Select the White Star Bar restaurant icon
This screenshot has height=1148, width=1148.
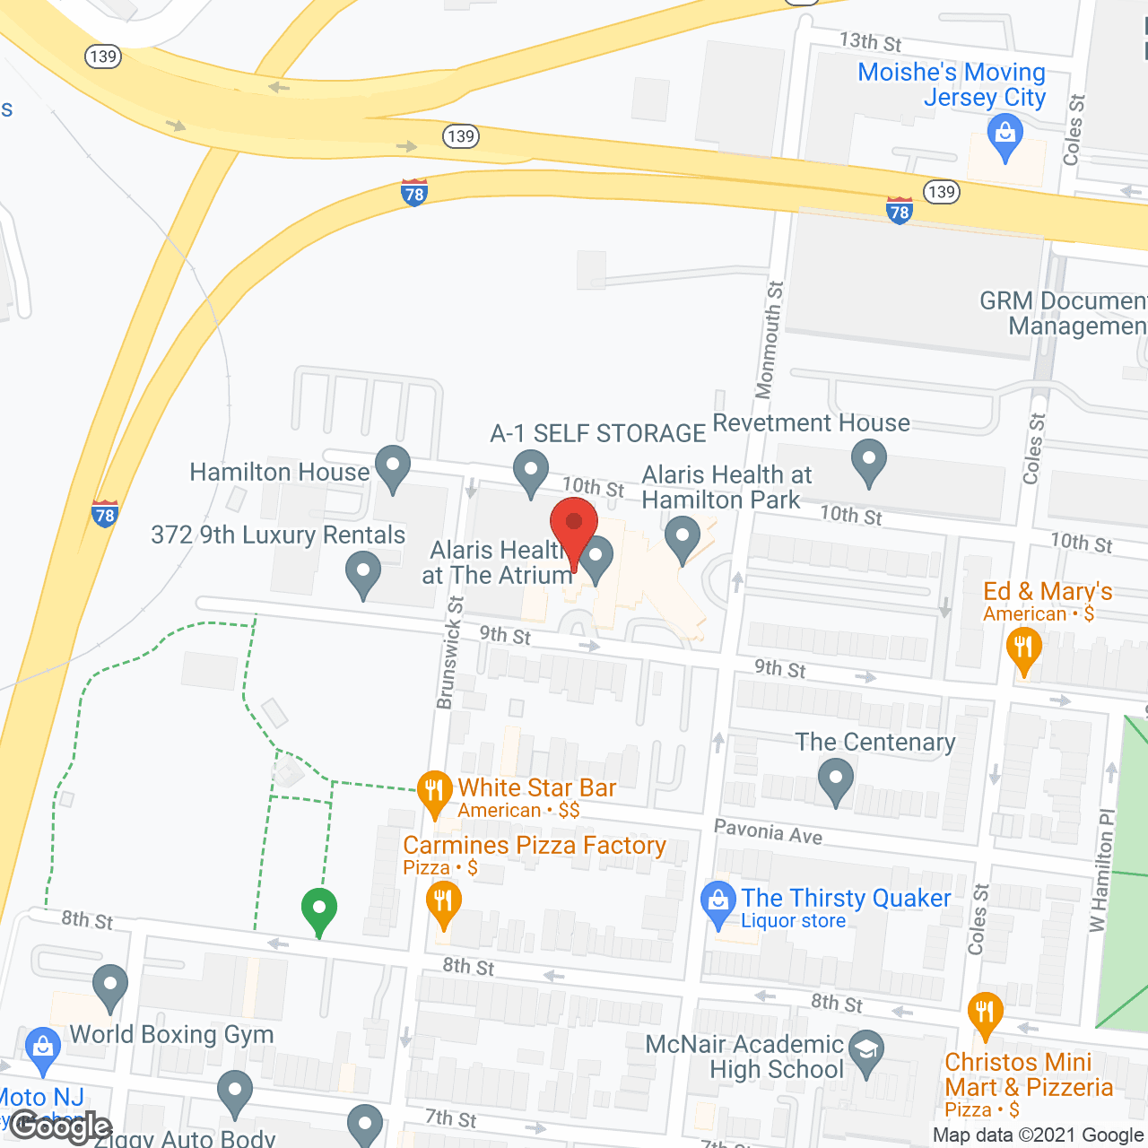tap(434, 792)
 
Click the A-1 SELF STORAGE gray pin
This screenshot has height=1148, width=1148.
tap(531, 472)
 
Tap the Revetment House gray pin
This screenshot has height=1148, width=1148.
tap(868, 461)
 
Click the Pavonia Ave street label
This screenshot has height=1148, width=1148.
tap(769, 831)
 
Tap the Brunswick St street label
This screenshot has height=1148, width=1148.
tap(450, 653)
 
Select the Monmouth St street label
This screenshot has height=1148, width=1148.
tap(770, 339)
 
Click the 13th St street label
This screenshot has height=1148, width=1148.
tap(870, 41)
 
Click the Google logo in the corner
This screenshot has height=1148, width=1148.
tap(61, 1126)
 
